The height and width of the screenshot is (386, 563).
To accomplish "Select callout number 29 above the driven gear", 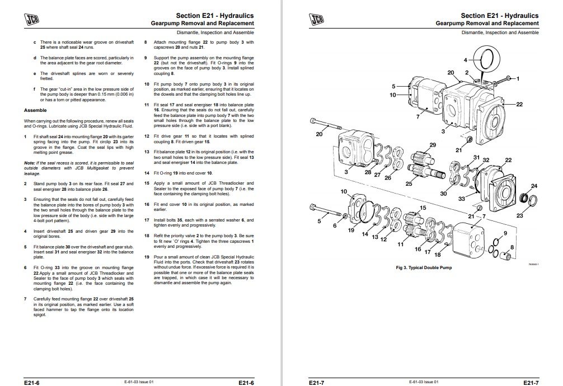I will [x=433, y=145].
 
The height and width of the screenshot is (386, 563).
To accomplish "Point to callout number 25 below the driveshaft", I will [x=409, y=183].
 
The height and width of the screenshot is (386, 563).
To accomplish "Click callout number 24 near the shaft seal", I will [x=533, y=186].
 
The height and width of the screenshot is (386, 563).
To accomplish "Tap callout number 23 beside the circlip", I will [x=520, y=215].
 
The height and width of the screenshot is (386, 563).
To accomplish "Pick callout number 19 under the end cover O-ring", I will [x=351, y=230].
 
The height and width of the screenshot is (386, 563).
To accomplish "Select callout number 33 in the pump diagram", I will [x=462, y=198].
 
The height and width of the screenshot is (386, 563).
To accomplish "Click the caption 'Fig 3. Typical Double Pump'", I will [x=424, y=267].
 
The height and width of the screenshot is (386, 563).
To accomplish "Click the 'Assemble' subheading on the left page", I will [x=35, y=110].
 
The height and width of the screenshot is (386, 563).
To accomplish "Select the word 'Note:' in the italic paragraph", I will [x=30, y=163].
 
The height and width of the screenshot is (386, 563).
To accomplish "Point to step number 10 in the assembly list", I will [x=147, y=84].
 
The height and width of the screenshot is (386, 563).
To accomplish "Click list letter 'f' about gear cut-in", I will [x=35, y=88].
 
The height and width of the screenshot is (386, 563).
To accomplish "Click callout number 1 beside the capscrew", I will [x=518, y=78].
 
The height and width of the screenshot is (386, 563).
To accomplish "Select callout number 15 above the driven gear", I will [x=423, y=208].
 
